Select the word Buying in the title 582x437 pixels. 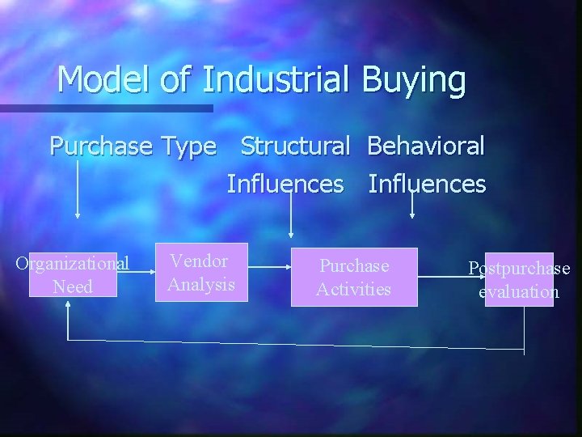tap(414, 80)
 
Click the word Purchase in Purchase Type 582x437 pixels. tap(101, 146)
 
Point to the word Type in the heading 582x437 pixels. tap(188, 147)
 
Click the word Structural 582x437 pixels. tap(295, 146)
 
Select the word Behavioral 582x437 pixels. tap(426, 146)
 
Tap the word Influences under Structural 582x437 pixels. tap(285, 184)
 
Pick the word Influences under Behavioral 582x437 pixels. tap(427, 184)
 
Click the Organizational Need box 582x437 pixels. tap(73, 275)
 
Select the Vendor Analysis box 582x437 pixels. tap(201, 273)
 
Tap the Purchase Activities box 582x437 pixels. tap(354, 277)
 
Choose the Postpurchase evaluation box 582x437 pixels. tap(519, 280)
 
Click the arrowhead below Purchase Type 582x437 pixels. tap(78, 214)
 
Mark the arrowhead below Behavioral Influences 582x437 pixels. tap(412, 216)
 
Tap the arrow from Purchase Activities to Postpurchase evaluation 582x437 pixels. tap(451, 277)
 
